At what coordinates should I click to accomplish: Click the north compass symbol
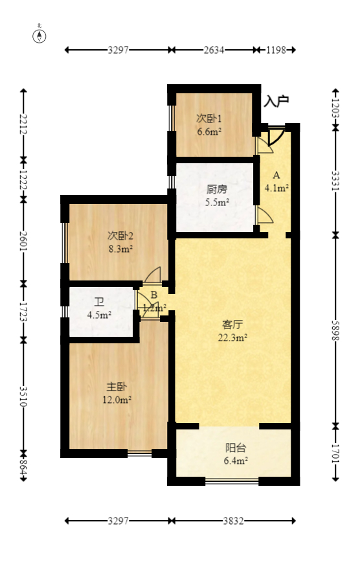[x=39, y=35]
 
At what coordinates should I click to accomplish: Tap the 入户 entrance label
[x=276, y=101]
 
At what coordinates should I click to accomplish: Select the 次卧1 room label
[x=210, y=119]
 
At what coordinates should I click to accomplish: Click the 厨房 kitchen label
[x=218, y=190]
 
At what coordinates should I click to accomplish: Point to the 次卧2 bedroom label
[x=120, y=235]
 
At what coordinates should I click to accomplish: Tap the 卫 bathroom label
[x=99, y=302]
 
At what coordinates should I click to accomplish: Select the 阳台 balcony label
[x=235, y=447]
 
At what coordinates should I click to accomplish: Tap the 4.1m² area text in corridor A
[x=276, y=188]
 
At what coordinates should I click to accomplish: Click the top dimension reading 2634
[x=212, y=50]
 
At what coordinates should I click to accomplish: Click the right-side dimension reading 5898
[x=335, y=330]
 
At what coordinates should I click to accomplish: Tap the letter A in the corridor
[x=276, y=176]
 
